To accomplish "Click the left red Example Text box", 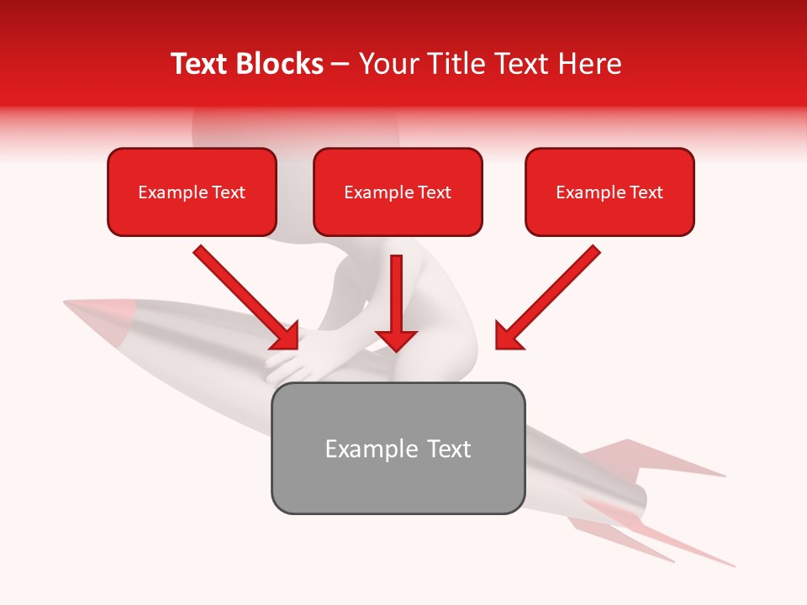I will point(192,192).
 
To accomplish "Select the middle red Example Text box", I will point(398,192).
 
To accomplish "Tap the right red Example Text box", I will point(609,192).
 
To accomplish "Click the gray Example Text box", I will point(398,449).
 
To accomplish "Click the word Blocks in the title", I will point(281,64).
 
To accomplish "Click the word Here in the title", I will point(589,64).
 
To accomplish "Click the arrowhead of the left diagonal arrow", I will point(286,336).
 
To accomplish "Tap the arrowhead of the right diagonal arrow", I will point(508,336).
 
